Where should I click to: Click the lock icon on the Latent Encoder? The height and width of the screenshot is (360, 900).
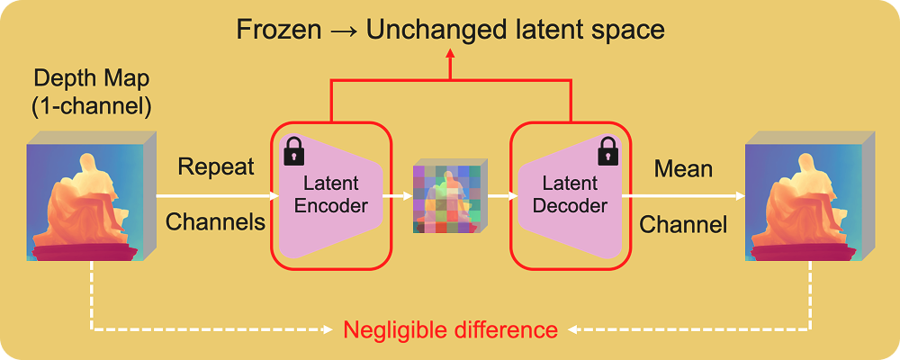[294, 152]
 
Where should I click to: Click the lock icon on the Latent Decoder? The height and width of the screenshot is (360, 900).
[608, 148]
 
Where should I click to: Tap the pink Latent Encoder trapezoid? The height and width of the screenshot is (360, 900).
[331, 194]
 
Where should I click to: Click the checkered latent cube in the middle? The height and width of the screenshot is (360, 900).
[450, 197]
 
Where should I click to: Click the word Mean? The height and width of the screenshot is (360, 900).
[683, 168]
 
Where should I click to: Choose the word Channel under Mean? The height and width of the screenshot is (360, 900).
[683, 223]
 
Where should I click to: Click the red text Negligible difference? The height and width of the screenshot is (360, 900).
[450, 329]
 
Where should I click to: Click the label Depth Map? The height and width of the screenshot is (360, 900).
[90, 78]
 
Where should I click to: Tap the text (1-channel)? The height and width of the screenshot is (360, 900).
[90, 105]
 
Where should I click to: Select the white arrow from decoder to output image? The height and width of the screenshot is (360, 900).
[684, 194]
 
